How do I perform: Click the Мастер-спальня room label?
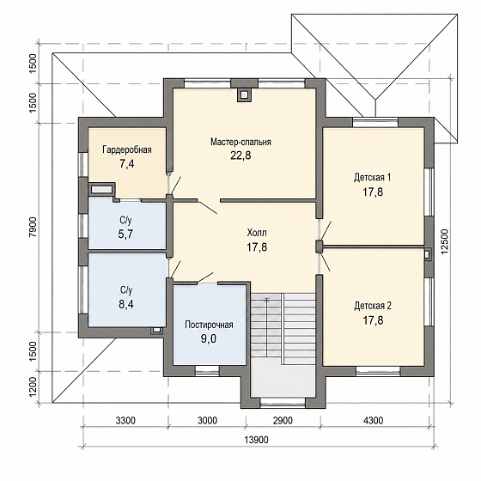click(x=240, y=142)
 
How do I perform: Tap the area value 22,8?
click(x=240, y=155)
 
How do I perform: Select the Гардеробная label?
click(x=127, y=149)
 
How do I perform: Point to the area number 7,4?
click(x=127, y=164)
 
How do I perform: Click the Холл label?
click(x=257, y=233)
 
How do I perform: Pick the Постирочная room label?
click(x=209, y=325)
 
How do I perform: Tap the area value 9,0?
click(x=209, y=339)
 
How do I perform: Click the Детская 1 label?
click(x=373, y=177)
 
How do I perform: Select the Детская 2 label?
click(x=373, y=306)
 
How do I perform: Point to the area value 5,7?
click(x=125, y=234)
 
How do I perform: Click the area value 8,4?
click(x=126, y=304)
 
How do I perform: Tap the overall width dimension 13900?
click(x=257, y=440)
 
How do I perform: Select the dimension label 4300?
click(x=373, y=420)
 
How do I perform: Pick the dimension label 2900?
click(x=283, y=420)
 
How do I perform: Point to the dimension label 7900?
click(x=33, y=227)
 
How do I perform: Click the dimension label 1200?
click(x=33, y=387)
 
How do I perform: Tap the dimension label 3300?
click(x=125, y=420)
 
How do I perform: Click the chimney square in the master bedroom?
click(x=244, y=95)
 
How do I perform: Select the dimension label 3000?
click(x=207, y=420)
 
